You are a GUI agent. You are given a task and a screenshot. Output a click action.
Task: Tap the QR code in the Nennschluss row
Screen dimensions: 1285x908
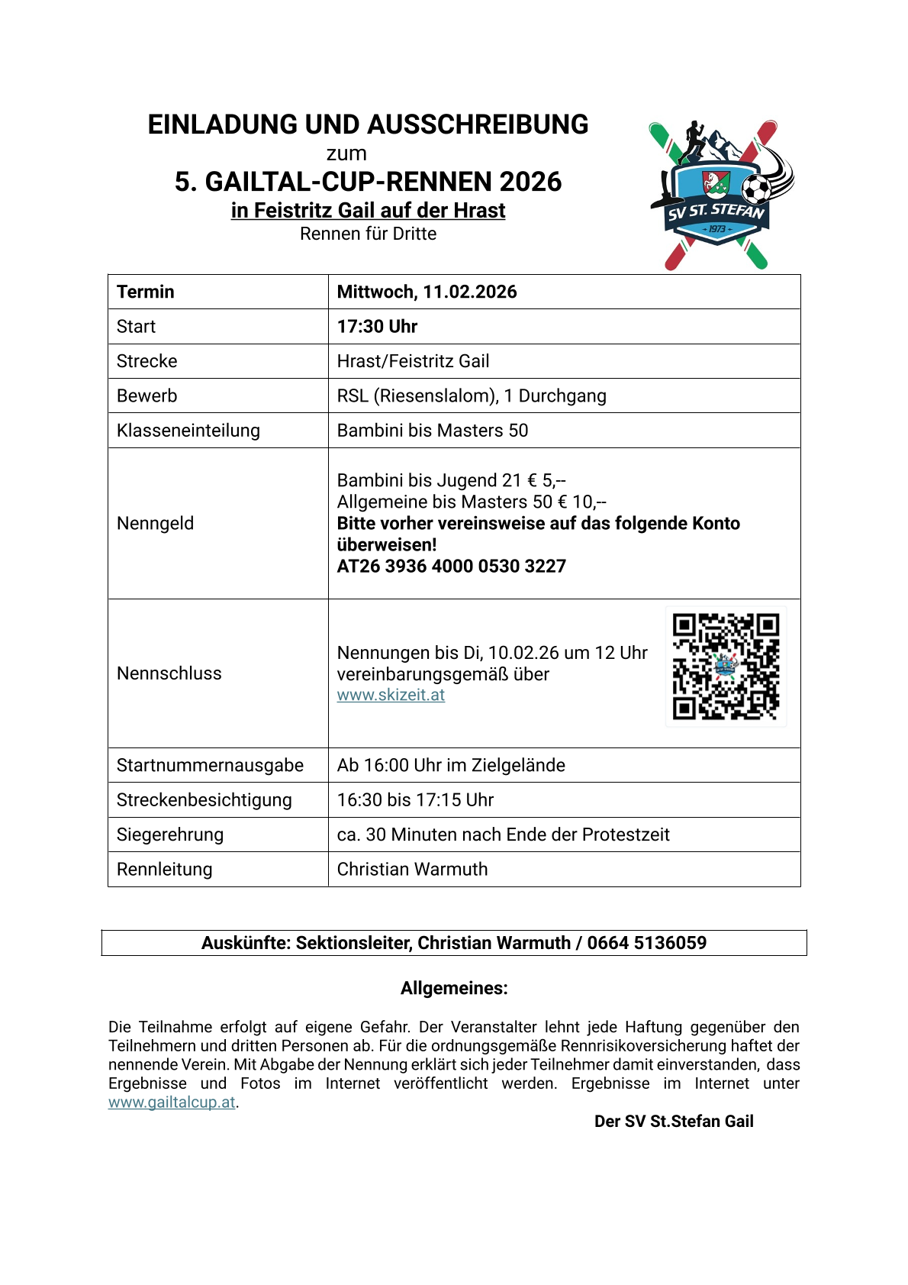coord(726,667)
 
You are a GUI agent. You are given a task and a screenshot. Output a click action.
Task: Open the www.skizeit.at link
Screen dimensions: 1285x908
coord(391,695)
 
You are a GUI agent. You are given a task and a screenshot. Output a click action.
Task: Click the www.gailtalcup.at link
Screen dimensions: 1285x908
coord(172,1102)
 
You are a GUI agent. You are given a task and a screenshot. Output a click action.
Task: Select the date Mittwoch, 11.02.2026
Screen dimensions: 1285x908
coord(427,292)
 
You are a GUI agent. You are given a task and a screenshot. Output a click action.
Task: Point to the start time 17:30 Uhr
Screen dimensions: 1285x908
coord(377,327)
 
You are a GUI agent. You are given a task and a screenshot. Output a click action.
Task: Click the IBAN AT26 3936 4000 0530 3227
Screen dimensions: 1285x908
coord(451,566)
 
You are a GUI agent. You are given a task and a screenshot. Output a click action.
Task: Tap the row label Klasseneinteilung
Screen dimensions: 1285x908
coord(188,431)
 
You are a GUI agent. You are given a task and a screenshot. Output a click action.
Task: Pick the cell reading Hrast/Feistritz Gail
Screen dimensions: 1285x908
coord(413,361)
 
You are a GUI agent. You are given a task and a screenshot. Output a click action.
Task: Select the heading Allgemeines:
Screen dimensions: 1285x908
coord(454,988)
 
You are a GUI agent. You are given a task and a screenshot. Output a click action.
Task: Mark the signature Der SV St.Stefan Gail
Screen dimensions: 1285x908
coord(674,1121)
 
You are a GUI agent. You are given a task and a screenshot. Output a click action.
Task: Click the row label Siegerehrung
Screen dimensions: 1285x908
coord(170,835)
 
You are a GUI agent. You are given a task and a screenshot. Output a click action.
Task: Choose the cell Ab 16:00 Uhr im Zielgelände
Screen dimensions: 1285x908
coord(451,765)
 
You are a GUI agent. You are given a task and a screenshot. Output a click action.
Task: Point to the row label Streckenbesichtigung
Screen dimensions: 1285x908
coord(204,800)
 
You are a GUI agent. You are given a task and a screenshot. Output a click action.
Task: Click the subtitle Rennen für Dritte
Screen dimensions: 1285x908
coord(368,234)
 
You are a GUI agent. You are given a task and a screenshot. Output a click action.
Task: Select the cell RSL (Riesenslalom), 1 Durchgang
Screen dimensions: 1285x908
coord(472,396)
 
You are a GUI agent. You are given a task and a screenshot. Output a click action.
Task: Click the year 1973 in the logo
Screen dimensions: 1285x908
coord(717,229)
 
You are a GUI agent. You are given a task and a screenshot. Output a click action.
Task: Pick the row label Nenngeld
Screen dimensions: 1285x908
coord(155,523)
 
